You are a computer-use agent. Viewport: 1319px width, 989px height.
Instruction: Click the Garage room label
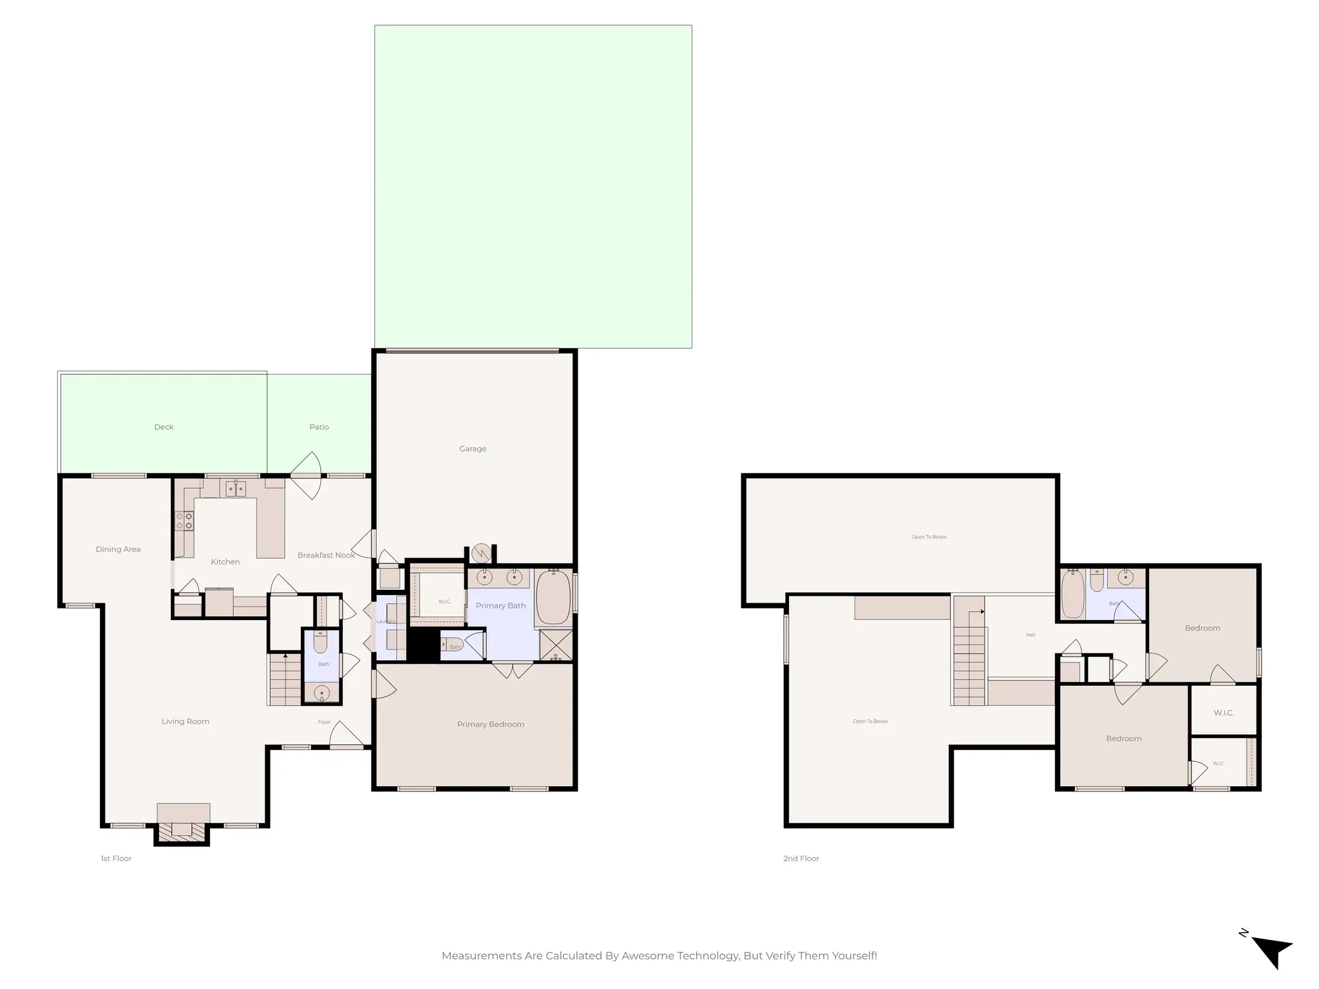point(473,449)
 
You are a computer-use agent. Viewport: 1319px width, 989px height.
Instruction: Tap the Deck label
point(164,427)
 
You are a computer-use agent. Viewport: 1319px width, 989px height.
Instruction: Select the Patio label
point(319,427)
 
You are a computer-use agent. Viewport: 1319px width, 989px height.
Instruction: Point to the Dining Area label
point(118,549)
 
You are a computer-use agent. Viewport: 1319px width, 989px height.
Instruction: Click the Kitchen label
point(225,562)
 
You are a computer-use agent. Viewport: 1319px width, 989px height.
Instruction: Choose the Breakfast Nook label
point(326,555)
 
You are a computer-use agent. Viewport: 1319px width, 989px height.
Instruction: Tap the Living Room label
point(185,721)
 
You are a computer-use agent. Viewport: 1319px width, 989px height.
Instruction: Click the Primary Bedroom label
point(491,724)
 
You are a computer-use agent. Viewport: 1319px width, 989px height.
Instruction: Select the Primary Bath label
point(500,606)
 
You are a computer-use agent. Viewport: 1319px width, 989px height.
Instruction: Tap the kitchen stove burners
point(185,521)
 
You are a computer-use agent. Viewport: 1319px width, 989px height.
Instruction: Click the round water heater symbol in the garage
point(481,553)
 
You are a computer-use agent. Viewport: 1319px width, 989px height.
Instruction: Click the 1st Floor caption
point(116,858)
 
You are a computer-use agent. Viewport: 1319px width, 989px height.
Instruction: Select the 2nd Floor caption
point(801,858)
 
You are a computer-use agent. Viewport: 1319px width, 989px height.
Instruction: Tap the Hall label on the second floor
point(1030,635)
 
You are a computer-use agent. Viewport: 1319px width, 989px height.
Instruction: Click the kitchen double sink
point(235,489)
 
